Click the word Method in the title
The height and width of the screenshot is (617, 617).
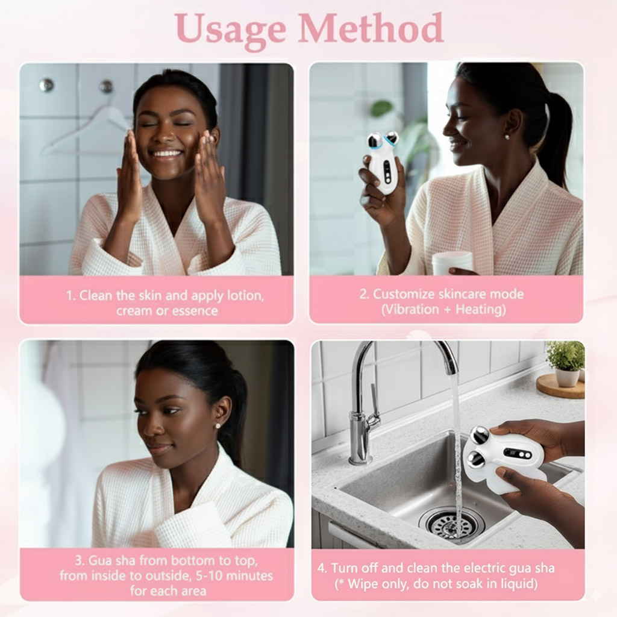click(x=371, y=28)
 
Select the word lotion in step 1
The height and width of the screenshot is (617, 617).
click(x=246, y=295)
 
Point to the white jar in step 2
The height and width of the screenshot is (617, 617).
click(x=453, y=263)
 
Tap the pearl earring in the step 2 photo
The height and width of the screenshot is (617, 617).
click(x=507, y=137)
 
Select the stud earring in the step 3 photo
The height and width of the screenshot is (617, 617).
click(x=218, y=426)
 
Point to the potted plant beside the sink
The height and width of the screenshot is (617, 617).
click(x=566, y=363)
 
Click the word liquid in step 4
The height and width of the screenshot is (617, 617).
click(x=518, y=584)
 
